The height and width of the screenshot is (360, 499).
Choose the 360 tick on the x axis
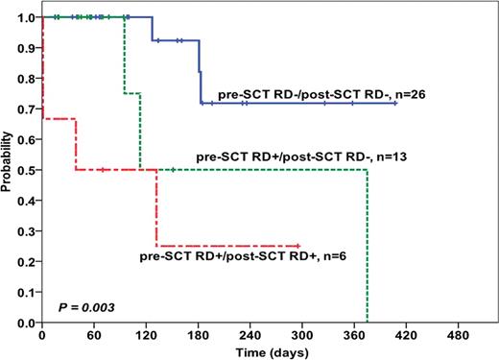coord(354,335)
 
